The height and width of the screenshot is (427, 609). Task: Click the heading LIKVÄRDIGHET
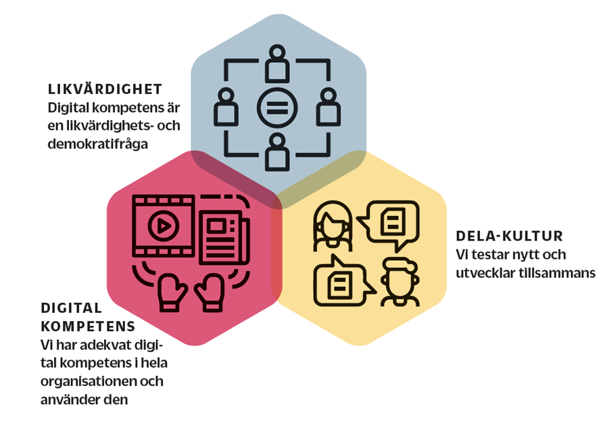105,89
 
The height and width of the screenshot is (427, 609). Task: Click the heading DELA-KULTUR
510,236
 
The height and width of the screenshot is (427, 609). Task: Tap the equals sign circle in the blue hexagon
277,107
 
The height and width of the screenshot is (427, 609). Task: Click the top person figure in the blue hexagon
277,64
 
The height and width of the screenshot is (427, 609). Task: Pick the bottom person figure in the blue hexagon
277,151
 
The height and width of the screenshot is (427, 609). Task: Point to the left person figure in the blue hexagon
227,107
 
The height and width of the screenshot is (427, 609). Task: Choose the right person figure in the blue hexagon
328,107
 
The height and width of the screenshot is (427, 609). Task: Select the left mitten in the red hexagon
172,290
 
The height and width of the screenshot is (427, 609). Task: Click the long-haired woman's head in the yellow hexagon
332,224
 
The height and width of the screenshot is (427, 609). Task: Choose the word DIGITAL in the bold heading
72,309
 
